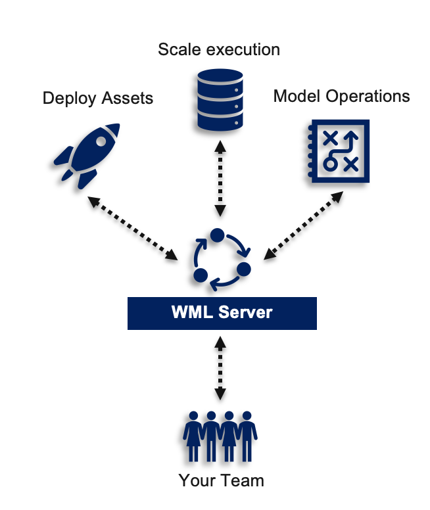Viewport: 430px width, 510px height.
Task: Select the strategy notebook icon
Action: [337, 151]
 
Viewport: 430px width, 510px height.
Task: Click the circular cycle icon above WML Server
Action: [221, 260]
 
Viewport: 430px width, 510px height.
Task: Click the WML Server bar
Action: [222, 313]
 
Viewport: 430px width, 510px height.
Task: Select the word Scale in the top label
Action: [178, 49]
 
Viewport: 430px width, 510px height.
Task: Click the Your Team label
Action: [221, 480]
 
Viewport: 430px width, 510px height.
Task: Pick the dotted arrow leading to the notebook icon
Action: [304, 224]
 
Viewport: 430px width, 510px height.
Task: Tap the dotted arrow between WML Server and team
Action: [220, 368]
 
